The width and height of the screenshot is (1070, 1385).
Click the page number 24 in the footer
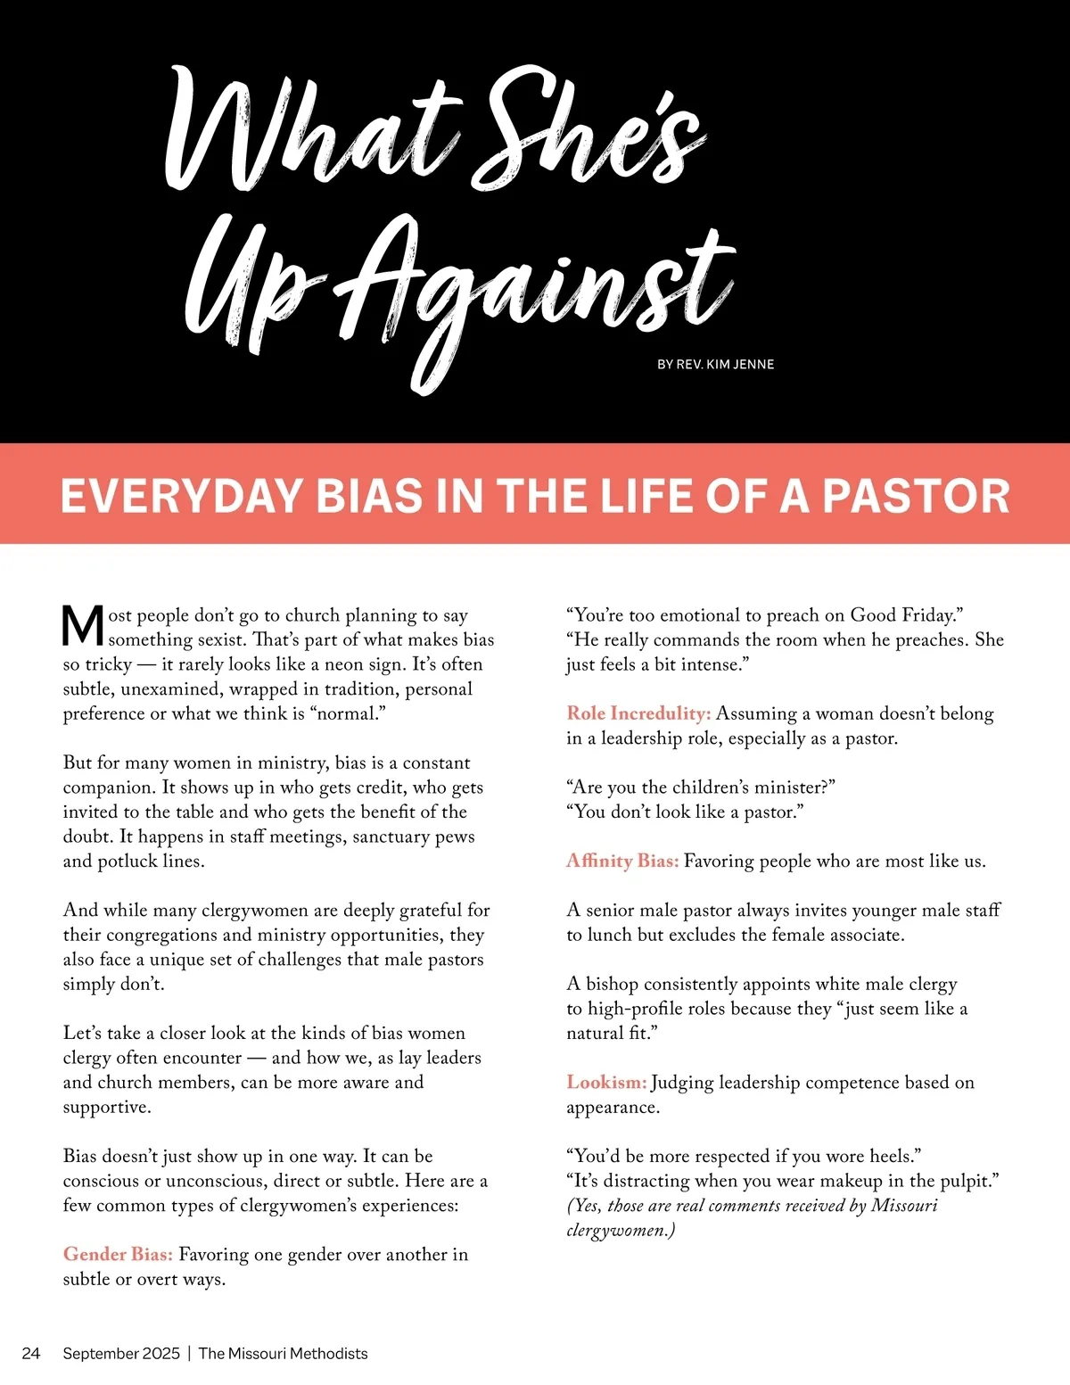[x=31, y=1353]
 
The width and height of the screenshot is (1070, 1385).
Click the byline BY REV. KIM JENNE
[x=715, y=364]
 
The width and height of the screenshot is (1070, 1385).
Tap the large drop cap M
[x=83, y=626]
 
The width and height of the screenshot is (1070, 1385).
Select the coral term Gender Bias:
[x=118, y=1254]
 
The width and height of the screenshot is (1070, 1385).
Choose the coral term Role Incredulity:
[x=638, y=713]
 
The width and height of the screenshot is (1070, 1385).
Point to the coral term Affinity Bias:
[x=622, y=861]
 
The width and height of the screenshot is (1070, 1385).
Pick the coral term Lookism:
[x=606, y=1082]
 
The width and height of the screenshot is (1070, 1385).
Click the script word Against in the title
[x=535, y=285]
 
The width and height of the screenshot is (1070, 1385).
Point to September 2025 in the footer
[x=121, y=1353]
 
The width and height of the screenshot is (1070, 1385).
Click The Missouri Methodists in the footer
[x=283, y=1353]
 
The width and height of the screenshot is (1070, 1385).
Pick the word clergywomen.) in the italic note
[x=621, y=1230]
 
